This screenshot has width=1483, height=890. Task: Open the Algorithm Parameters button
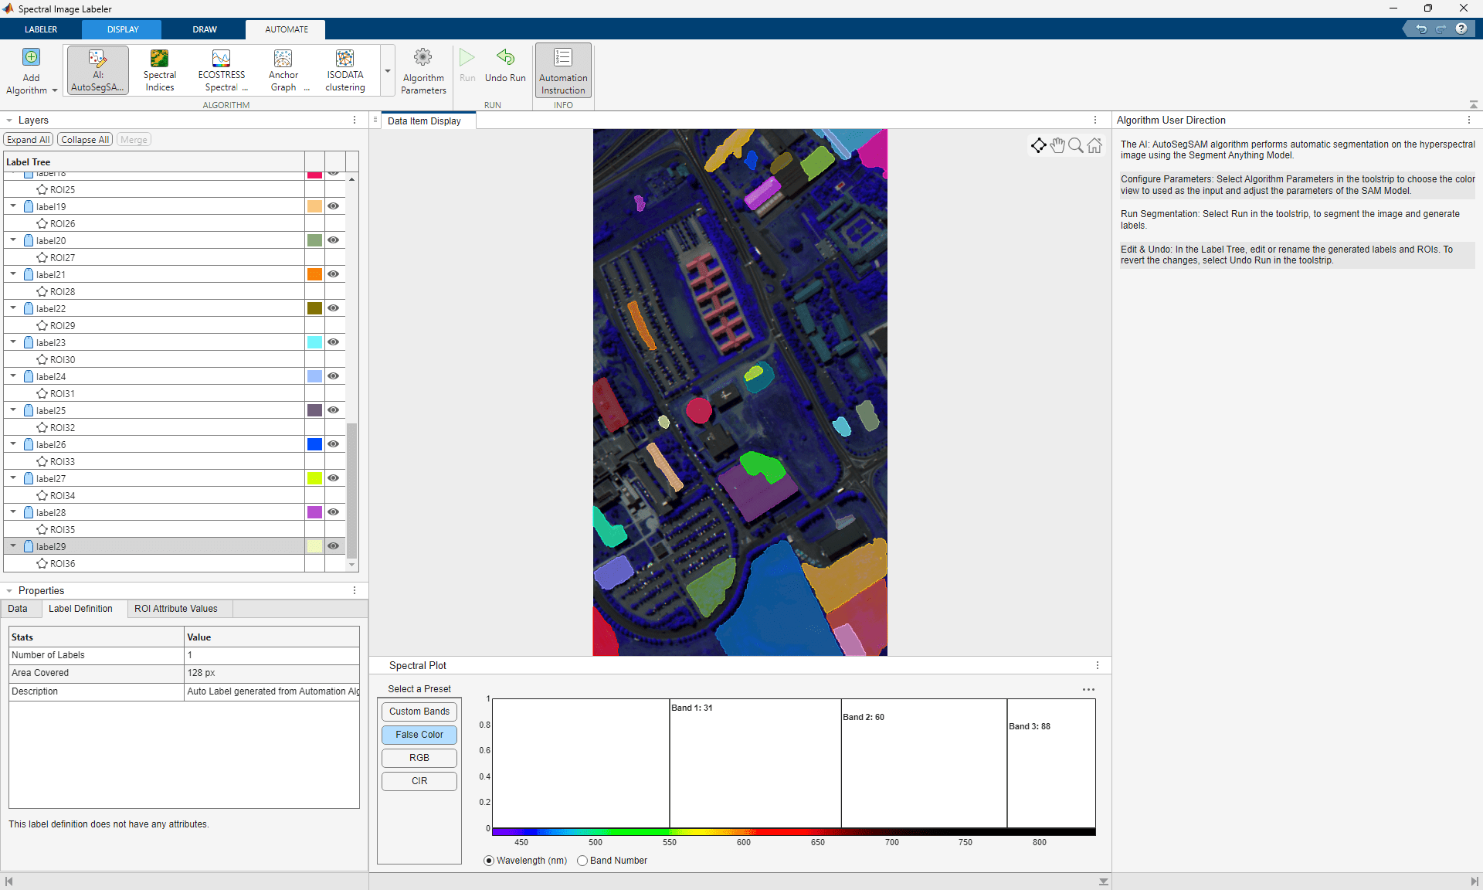click(423, 71)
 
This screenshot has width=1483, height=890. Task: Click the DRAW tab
click(205, 29)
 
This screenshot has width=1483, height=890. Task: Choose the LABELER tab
click(41, 29)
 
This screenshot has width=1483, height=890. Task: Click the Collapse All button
click(85, 140)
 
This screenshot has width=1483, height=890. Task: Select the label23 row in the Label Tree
click(51, 343)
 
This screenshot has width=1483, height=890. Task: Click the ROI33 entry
click(63, 462)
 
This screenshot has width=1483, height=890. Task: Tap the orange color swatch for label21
click(314, 274)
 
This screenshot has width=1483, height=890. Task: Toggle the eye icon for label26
click(333, 444)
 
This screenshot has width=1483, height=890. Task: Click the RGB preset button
click(419, 758)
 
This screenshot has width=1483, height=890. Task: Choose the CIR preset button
click(419, 781)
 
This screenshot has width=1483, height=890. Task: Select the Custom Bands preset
click(419, 712)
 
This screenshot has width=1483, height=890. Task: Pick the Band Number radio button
click(582, 861)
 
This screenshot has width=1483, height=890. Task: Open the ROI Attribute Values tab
click(176, 609)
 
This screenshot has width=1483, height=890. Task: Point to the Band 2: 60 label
click(864, 717)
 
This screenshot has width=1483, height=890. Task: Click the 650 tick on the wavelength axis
click(818, 842)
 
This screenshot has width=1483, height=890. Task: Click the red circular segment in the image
click(699, 410)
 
